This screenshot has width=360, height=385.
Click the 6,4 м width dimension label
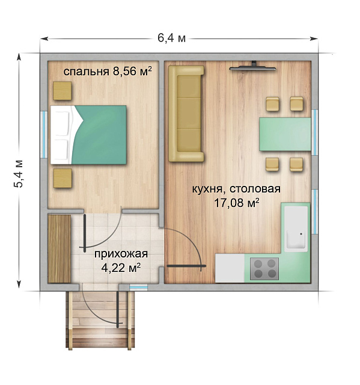tap(171, 38)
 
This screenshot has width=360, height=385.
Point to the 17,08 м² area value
tap(236, 203)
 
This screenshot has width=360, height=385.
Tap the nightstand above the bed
tap(62, 90)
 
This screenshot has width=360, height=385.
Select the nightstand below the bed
tap(62, 179)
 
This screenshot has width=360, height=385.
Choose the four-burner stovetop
tap(265, 268)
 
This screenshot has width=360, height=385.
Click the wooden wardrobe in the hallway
tap(59, 248)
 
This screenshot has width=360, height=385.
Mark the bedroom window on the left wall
tap(43, 134)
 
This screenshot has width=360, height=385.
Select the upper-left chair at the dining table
tap(273, 104)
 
